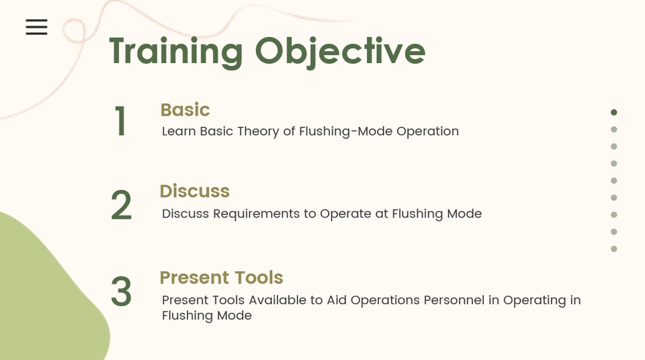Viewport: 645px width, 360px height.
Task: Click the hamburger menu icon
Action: [x=36, y=27]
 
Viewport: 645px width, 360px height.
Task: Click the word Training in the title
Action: [x=176, y=52]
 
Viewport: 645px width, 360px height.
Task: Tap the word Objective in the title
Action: [x=340, y=52]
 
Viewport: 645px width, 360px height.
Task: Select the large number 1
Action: [x=120, y=121]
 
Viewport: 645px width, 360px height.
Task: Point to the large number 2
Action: [x=122, y=206]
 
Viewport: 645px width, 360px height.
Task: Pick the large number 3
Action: [x=122, y=291]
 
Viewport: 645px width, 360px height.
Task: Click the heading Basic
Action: [x=185, y=110]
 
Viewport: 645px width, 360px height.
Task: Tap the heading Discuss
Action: [x=195, y=191]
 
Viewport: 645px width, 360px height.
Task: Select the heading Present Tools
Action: [x=221, y=277]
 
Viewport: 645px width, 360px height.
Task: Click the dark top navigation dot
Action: [x=613, y=112]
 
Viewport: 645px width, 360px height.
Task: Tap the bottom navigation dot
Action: [x=613, y=249]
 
